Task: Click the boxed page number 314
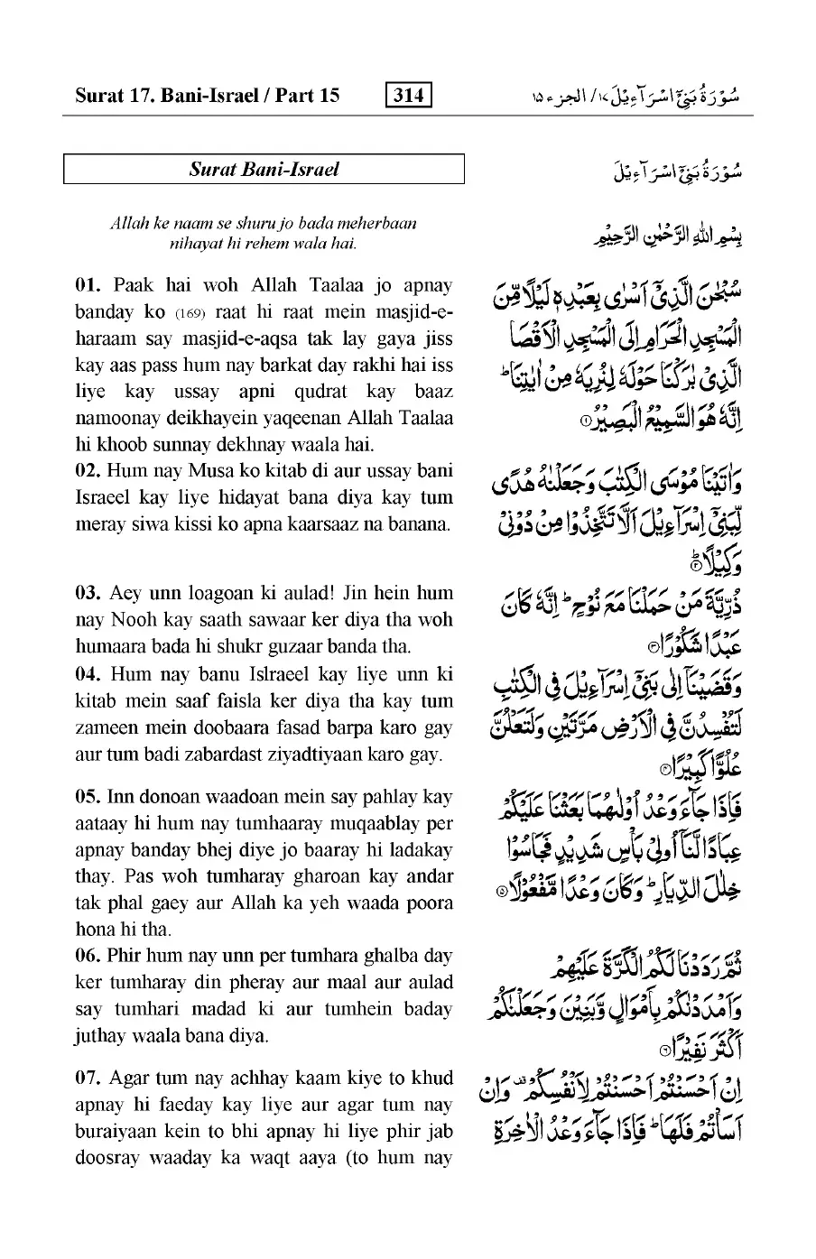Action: coord(408,95)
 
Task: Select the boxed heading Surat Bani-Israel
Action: coord(264,170)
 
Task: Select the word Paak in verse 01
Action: coord(134,286)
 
